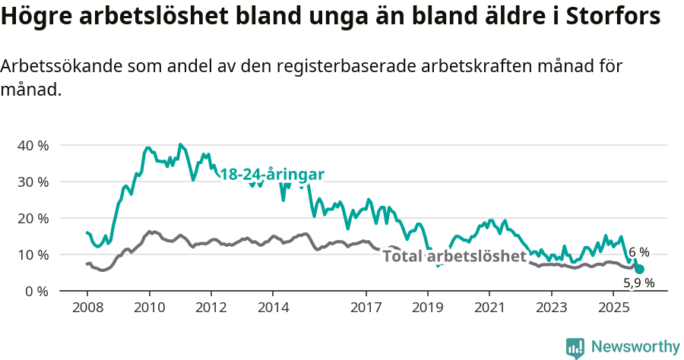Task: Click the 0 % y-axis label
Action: pyautogui.click(x=37, y=291)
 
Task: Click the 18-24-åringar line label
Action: pyautogui.click(x=272, y=175)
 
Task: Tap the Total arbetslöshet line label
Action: pyautogui.click(x=454, y=256)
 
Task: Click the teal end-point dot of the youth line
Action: pyautogui.click(x=639, y=269)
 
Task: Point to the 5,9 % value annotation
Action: pyautogui.click(x=638, y=283)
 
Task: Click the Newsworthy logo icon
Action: pyautogui.click(x=575, y=347)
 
